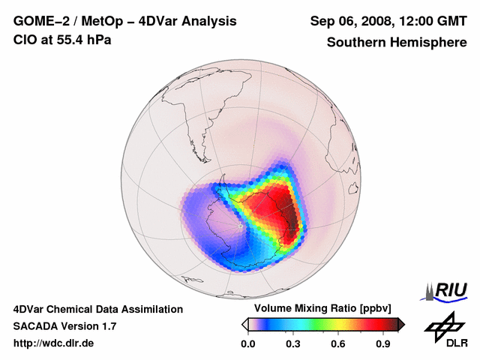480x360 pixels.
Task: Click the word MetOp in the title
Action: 104,21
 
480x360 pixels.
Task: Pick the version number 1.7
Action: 108,326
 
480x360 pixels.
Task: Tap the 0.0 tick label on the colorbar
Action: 248,344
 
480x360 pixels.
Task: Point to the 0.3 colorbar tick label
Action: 293,344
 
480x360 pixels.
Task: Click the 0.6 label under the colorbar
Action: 338,344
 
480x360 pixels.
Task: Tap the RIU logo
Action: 448,290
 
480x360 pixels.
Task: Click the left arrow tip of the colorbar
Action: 244,324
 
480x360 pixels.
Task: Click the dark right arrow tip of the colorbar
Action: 402,324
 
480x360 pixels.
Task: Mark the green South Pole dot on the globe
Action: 240,225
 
